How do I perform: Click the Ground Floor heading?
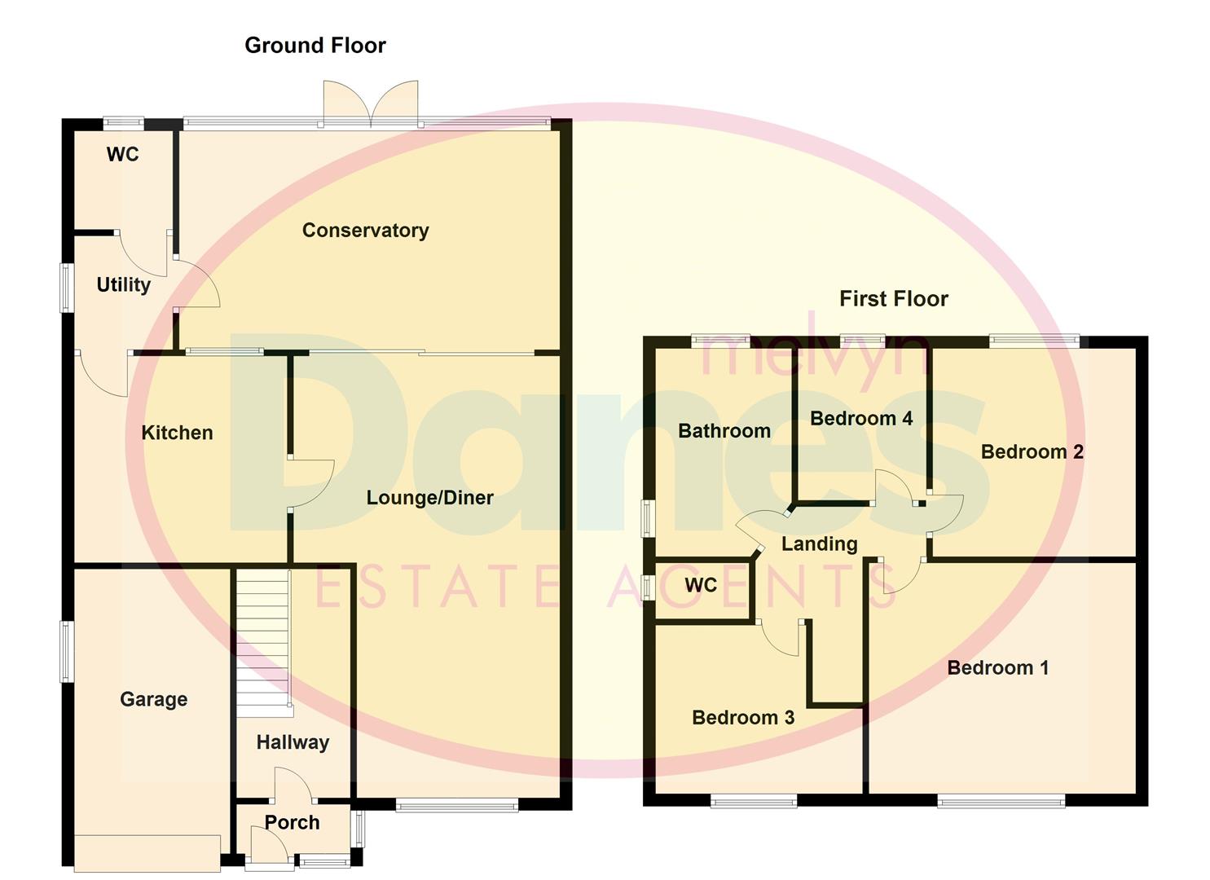click(315, 46)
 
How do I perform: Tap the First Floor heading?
click(893, 299)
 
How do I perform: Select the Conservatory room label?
click(365, 231)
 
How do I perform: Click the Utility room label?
click(123, 285)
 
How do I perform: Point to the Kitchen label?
click(177, 433)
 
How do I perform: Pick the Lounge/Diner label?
click(429, 498)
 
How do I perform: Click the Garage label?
click(153, 699)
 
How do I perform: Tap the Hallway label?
click(293, 742)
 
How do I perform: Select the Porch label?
click(292, 823)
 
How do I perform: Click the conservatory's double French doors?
click(371, 103)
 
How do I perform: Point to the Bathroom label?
click(724, 431)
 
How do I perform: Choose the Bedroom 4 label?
click(860, 419)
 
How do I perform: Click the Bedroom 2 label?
click(1032, 452)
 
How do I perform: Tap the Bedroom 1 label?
click(997, 668)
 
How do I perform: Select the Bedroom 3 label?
click(742, 718)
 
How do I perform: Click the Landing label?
click(819, 544)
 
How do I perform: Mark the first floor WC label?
click(701, 585)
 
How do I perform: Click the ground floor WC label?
click(122, 155)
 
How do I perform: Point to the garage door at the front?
click(147, 853)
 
